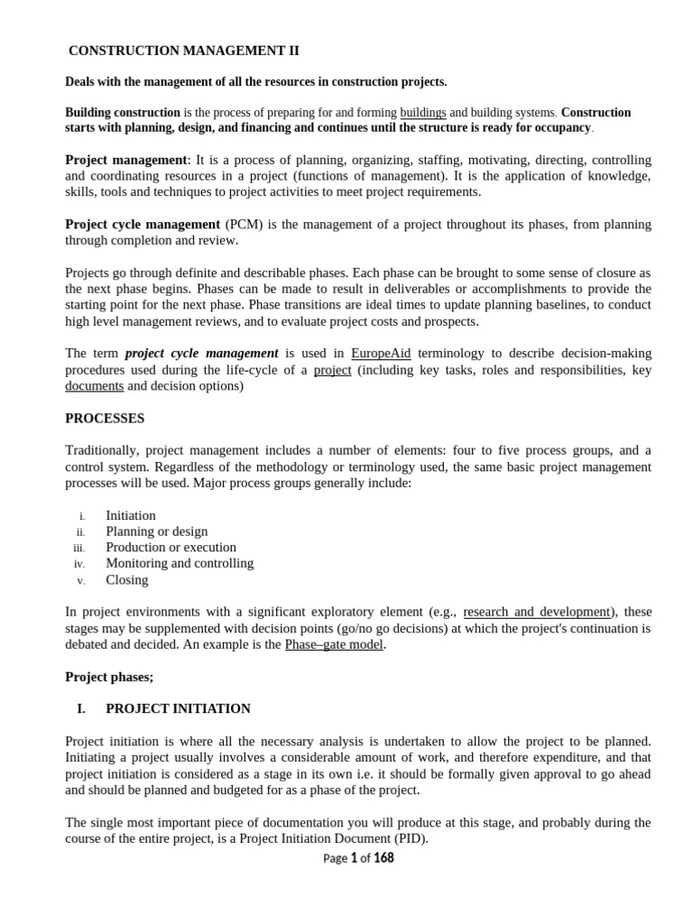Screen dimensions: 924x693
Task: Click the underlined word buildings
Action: [x=423, y=113]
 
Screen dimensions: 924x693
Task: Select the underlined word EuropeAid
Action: [x=381, y=353]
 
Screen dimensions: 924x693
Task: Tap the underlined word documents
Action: [x=95, y=385]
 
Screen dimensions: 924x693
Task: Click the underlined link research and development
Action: [x=537, y=612]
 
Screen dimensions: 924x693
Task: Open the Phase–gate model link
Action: [x=335, y=644]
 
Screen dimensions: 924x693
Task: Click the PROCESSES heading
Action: [x=105, y=419]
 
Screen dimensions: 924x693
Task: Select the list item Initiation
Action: [x=131, y=515]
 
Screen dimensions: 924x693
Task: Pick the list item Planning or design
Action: [x=157, y=531]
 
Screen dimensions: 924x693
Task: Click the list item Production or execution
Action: [x=171, y=547]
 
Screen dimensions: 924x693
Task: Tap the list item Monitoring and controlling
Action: [x=180, y=563]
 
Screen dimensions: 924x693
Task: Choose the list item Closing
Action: [x=127, y=579]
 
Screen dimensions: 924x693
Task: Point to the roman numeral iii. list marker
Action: [x=79, y=548]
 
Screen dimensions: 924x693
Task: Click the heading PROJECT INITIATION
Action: [x=178, y=708]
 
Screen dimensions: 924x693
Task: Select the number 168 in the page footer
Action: [x=383, y=858]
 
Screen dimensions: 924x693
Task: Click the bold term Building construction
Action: [x=123, y=113]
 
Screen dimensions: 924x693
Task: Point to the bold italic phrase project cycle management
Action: [x=201, y=353]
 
